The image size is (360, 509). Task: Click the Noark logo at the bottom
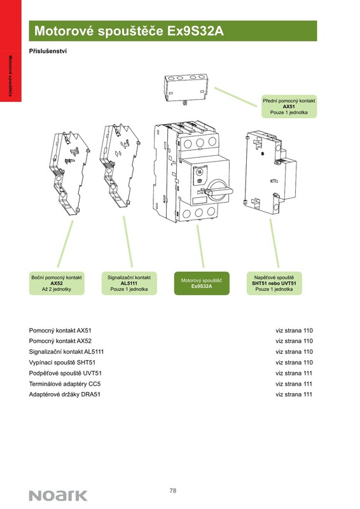(x=58, y=496)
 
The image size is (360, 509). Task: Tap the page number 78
(x=173, y=490)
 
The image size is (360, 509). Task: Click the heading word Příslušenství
(x=48, y=51)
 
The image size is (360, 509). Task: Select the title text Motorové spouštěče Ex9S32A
(x=129, y=31)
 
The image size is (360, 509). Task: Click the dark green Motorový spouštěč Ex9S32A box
(x=202, y=283)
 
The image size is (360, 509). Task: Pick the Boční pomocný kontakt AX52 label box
(x=57, y=283)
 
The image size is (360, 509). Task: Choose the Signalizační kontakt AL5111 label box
(x=129, y=283)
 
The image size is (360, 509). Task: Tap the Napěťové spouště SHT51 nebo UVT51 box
(x=274, y=283)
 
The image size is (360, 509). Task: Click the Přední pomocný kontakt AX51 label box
(x=289, y=106)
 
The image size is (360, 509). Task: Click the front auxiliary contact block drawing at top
(x=185, y=88)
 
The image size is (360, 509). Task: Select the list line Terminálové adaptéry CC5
(x=65, y=384)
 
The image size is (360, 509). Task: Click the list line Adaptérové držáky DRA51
(x=65, y=394)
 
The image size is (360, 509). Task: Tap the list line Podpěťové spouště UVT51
(x=66, y=373)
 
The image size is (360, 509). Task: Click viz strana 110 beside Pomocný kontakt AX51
(x=294, y=330)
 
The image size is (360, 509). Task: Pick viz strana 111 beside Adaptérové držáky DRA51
(x=294, y=394)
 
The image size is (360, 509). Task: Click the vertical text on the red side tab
(x=10, y=76)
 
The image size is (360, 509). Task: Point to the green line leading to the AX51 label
(x=235, y=97)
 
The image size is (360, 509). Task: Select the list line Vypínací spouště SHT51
(x=62, y=362)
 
